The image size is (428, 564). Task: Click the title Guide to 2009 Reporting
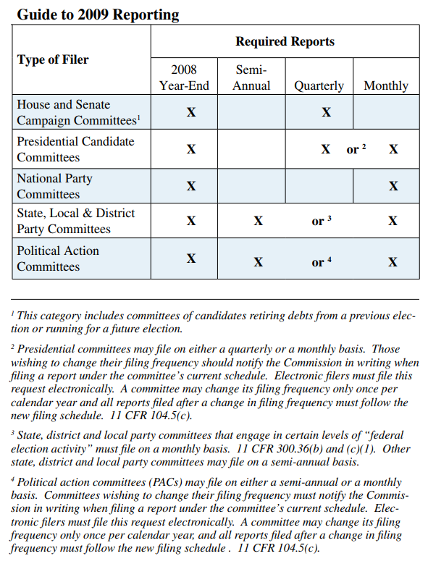coord(98,14)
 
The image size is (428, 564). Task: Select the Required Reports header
coord(285,41)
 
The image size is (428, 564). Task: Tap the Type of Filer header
coord(53,59)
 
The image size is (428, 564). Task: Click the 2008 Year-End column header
coord(184,77)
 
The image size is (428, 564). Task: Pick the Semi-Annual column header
coord(251,77)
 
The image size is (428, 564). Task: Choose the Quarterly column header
coord(319,85)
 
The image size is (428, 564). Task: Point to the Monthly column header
coord(385,85)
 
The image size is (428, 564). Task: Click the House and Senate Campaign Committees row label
coord(77,112)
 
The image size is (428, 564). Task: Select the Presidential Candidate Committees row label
coord(75,149)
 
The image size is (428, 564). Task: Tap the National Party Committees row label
coord(55,186)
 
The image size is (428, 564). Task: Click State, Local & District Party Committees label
coord(75,221)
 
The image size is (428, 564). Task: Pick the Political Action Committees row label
coord(58,258)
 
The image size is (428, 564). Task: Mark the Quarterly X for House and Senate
coord(327,112)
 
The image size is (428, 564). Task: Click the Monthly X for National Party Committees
coord(393,186)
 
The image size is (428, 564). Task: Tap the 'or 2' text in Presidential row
coord(356,149)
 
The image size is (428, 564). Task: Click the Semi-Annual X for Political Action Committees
coord(259,262)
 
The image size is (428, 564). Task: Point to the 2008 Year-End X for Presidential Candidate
coord(191,149)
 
